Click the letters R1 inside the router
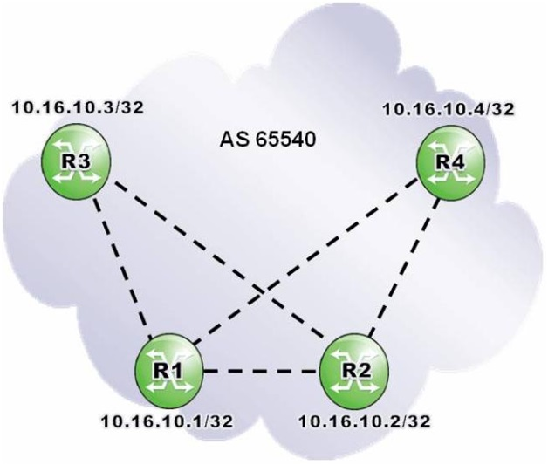tap(168, 369)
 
